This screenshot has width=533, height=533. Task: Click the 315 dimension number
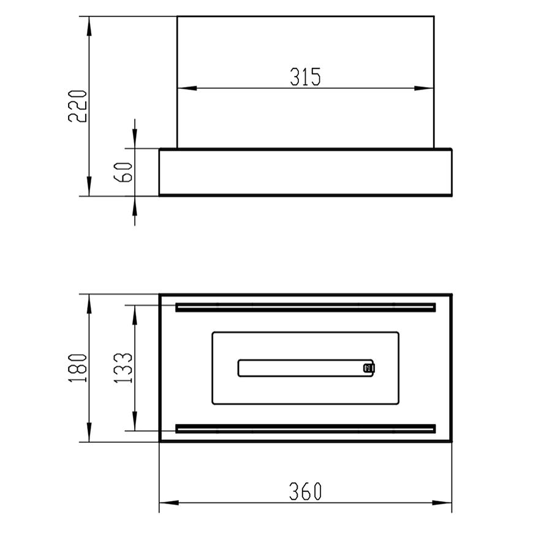point(305,77)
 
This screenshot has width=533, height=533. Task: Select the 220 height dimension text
point(78,106)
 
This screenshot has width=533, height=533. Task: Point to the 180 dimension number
point(78,368)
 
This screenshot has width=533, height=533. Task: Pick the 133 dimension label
point(123,368)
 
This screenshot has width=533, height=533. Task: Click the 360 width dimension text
point(305,491)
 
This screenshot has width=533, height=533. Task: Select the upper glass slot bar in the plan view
point(306,308)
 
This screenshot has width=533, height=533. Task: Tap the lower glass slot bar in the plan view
point(306,428)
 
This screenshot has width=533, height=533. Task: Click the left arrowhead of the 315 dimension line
point(187,88)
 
